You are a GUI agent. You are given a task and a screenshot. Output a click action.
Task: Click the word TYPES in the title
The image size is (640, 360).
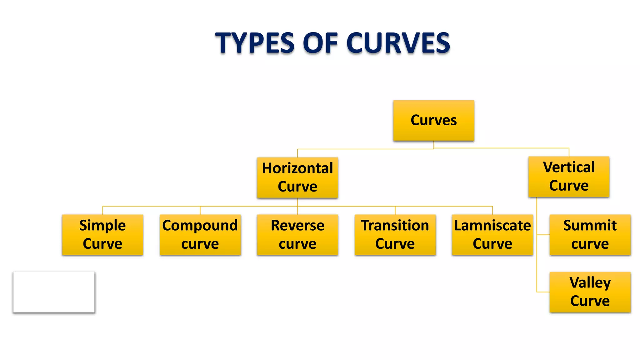[255, 43]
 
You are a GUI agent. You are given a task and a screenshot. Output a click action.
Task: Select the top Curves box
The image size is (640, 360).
[433, 120]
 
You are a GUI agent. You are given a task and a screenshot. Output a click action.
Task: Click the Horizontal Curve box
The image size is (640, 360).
[297, 177]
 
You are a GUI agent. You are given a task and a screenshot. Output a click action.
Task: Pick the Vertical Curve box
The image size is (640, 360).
[569, 177]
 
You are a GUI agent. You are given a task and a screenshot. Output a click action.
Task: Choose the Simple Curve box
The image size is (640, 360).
[102, 235]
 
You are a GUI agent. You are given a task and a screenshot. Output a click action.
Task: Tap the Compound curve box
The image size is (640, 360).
[200, 235]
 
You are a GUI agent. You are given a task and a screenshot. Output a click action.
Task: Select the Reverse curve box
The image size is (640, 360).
[297, 235]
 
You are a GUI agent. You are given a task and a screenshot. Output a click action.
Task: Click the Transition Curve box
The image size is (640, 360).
[395, 235]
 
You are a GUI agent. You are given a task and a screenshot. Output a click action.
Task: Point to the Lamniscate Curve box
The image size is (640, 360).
[492, 235]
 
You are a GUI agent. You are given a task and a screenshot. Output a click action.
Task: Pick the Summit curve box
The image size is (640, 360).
[590, 235]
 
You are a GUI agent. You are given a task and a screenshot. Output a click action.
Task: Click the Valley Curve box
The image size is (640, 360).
[590, 292]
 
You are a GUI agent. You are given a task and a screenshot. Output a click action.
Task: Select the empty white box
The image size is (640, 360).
[54, 292]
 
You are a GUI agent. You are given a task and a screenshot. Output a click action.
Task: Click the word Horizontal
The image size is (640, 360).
[297, 168]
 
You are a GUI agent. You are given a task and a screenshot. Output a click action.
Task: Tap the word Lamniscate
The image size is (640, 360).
[492, 225]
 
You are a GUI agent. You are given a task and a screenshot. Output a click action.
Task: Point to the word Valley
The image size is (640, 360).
[590, 283]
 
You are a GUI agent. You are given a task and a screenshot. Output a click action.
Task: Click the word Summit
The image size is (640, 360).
[590, 225]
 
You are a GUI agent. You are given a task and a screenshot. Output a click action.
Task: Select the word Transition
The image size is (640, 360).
[395, 225]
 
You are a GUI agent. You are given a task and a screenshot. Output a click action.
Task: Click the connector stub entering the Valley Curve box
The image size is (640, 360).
[543, 292]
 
